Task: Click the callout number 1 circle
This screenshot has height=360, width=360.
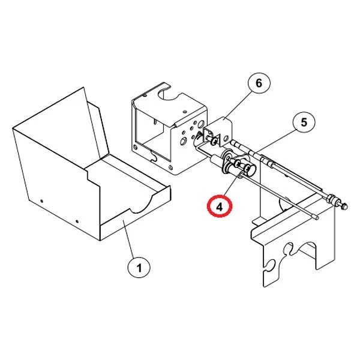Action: (139, 268)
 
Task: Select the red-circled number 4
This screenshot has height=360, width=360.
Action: (220, 206)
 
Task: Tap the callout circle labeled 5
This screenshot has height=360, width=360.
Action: (304, 122)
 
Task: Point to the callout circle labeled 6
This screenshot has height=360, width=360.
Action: (259, 83)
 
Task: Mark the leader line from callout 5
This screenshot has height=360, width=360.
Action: (276, 140)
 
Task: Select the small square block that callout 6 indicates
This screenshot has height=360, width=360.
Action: (219, 129)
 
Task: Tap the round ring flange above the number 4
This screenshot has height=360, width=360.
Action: (230, 160)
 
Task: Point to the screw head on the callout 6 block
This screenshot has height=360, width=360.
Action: (212, 142)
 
